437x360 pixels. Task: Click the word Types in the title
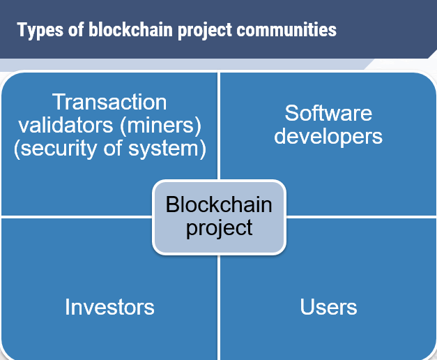point(40,30)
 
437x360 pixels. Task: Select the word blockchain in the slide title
point(131,29)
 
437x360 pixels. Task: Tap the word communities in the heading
point(286,29)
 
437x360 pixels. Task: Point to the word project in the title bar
point(205,31)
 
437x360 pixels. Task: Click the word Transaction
point(109,102)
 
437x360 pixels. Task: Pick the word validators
point(66,125)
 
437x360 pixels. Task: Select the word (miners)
point(160,126)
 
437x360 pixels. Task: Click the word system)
point(167,149)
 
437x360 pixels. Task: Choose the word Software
point(328,113)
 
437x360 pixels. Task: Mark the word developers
point(328,137)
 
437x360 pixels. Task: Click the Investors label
point(109,307)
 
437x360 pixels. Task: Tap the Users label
point(328,307)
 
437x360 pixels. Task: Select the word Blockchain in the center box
point(219,204)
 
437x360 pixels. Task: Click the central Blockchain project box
point(219,218)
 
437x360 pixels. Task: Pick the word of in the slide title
point(76,29)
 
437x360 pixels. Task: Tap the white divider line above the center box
point(219,126)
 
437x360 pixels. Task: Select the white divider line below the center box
point(219,307)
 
